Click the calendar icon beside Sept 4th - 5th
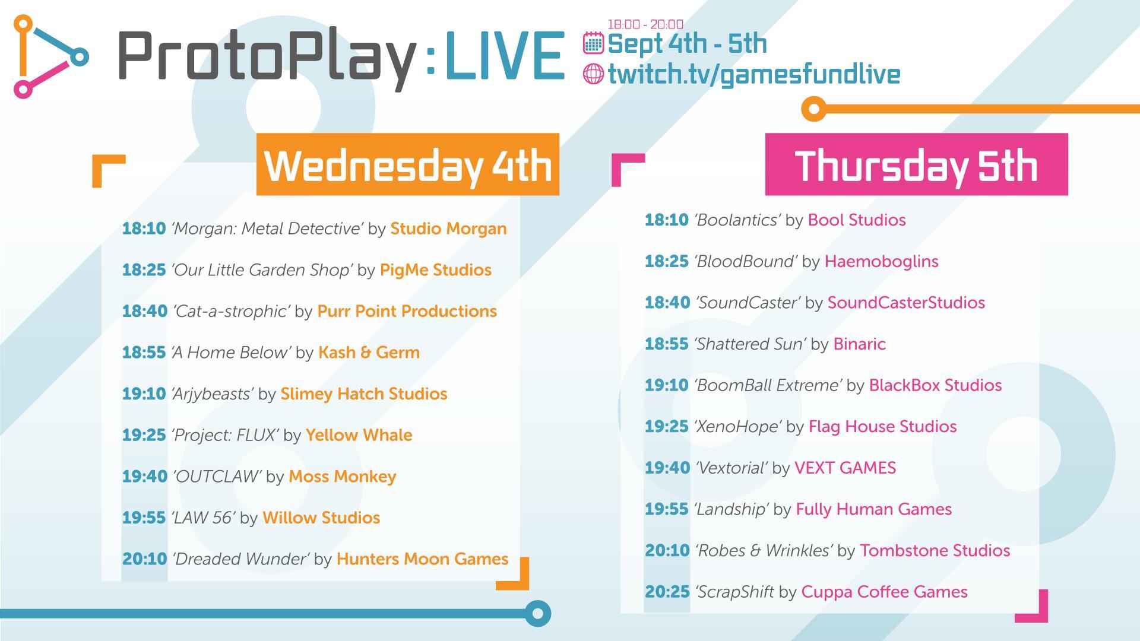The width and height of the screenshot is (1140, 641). pos(593,43)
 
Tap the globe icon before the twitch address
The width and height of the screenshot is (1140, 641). pos(593,74)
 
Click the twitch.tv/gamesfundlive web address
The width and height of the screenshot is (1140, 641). pos(754,74)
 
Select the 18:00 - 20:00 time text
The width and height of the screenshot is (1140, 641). pos(645,24)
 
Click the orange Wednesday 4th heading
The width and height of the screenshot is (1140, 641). pos(407,164)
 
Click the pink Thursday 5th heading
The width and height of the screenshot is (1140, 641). pos(916,164)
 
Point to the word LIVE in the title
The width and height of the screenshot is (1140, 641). pos(504,56)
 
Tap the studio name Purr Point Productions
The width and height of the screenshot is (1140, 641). pos(407,311)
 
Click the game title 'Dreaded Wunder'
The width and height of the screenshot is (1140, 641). pos(240,559)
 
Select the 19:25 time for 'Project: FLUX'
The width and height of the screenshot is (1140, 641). pos(144,435)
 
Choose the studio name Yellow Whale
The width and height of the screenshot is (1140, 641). pos(359,435)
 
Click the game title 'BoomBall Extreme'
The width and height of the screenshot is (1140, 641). pos(768,385)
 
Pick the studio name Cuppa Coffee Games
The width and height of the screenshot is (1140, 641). pos(884,592)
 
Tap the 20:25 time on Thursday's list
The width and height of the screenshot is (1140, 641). pos(667,592)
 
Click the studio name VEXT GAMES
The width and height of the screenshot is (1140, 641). pos(845,468)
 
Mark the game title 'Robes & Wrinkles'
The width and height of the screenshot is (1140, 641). pos(764,551)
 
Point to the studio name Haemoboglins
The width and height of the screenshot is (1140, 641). pos(881,261)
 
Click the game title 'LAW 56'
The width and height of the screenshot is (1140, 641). pos(203,518)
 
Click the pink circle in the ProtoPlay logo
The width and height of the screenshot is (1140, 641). pos(23,90)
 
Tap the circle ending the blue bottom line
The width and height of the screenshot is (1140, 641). pos(538,613)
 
